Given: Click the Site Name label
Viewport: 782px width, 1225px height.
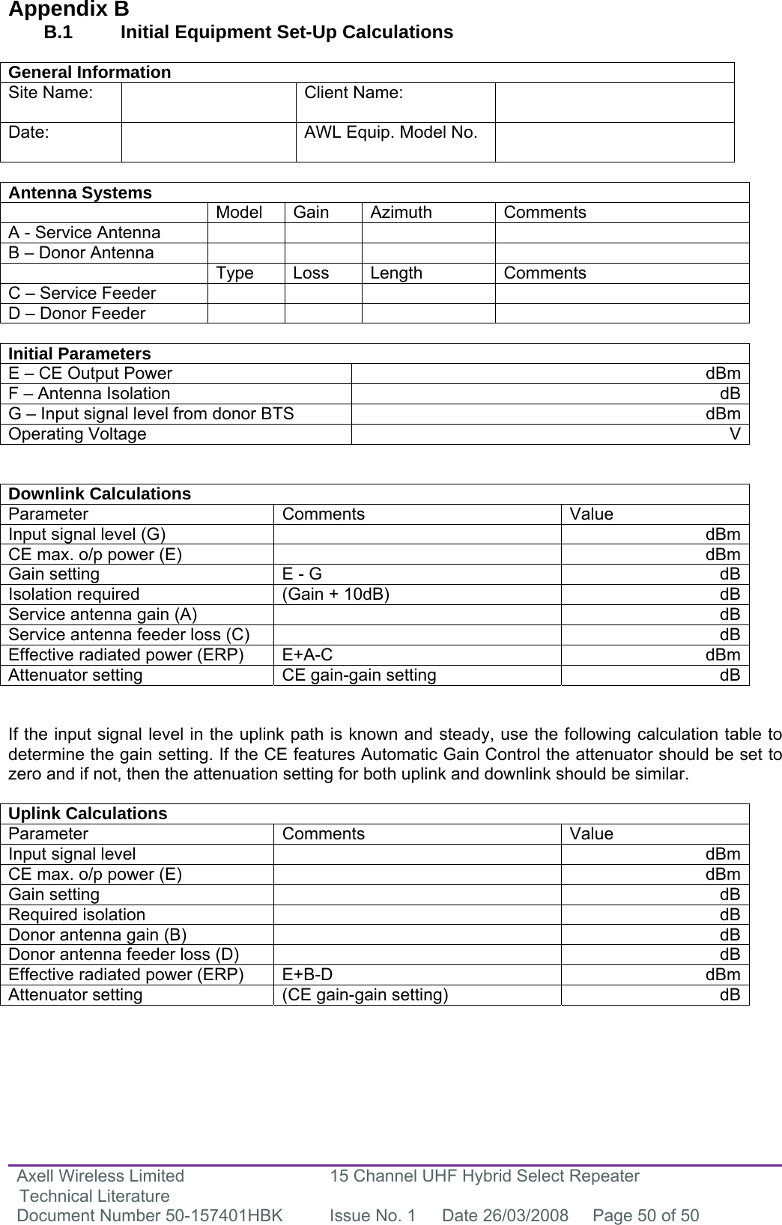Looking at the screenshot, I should click(x=52, y=93).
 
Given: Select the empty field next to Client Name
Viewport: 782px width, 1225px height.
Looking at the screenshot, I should click(x=614, y=103).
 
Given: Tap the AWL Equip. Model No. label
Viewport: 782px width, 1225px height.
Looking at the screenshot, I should click(x=390, y=133).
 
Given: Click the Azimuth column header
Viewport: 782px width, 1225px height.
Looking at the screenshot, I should click(x=401, y=213).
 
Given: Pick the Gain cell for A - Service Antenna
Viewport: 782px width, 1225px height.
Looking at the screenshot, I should click(x=323, y=233).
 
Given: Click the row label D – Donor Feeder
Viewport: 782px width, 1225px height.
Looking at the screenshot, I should click(x=77, y=314).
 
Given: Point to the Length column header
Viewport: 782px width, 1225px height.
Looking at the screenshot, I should click(x=396, y=273).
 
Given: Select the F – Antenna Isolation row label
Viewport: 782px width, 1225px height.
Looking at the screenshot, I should click(x=89, y=394).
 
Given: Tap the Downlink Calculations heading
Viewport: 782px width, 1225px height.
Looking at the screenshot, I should click(x=100, y=494).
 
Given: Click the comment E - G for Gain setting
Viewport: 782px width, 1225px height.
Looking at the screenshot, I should click(x=302, y=574).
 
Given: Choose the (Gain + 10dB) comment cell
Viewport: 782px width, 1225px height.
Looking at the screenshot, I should click(x=335, y=595).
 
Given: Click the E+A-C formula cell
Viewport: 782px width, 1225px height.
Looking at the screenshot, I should click(x=308, y=655).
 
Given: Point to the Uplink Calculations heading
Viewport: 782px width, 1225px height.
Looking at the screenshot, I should click(x=88, y=814).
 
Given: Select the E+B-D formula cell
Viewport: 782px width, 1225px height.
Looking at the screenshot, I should click(x=308, y=975).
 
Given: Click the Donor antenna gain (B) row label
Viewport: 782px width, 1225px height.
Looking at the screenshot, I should click(x=98, y=934).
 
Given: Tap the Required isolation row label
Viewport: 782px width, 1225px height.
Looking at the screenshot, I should click(x=77, y=914).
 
